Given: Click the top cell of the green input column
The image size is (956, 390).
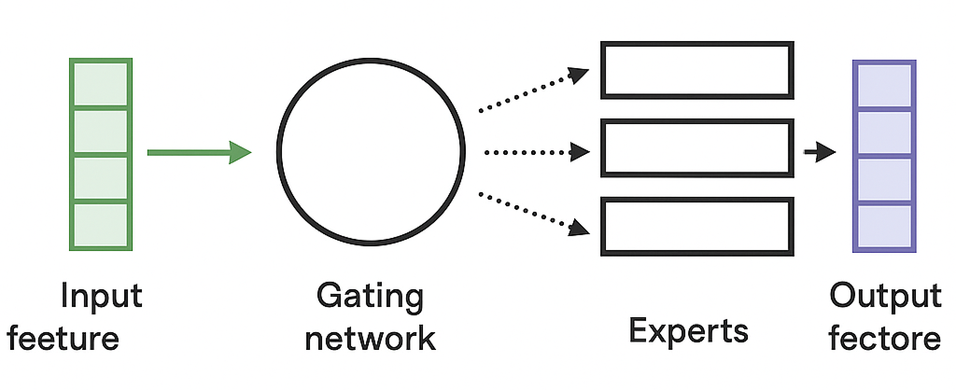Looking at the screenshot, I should click(100, 83).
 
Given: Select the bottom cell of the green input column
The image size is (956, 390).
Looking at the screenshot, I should click(100, 226).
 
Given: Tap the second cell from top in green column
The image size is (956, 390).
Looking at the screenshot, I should click(100, 132).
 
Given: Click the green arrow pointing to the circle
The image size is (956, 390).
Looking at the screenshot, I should click(199, 152).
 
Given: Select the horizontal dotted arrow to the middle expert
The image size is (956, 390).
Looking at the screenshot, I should click(533, 152).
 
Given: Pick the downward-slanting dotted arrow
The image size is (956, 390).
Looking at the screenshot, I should click(533, 212).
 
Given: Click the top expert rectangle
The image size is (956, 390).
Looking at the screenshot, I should click(696, 70).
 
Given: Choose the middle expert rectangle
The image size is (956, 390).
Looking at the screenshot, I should click(696, 147).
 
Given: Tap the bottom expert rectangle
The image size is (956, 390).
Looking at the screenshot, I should click(696, 225).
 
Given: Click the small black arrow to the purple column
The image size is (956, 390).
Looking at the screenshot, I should click(820, 152).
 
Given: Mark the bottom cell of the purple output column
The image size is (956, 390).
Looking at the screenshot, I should click(883, 226).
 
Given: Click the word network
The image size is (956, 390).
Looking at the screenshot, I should click(371, 337).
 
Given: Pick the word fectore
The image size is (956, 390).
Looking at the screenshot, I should click(885, 338).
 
